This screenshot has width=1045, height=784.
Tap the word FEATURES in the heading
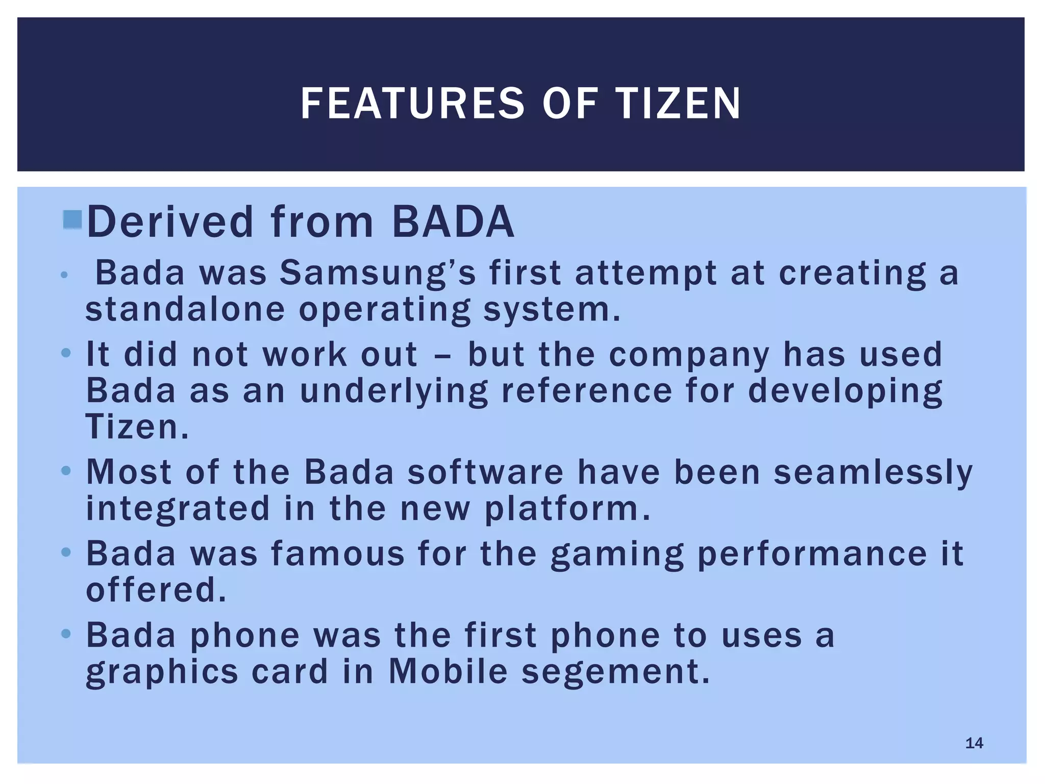[x=412, y=104]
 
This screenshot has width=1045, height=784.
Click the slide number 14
[x=974, y=743]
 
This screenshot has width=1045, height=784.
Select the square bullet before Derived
[x=72, y=220]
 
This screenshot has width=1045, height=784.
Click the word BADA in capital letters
[x=453, y=222]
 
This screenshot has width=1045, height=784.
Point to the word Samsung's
[x=378, y=273]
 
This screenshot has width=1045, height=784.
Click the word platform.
[x=568, y=508]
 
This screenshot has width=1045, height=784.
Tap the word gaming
[x=617, y=554]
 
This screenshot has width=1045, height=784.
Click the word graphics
[x=162, y=672]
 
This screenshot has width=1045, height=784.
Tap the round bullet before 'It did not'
[x=65, y=353]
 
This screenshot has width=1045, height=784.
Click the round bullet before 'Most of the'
[x=65, y=471]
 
